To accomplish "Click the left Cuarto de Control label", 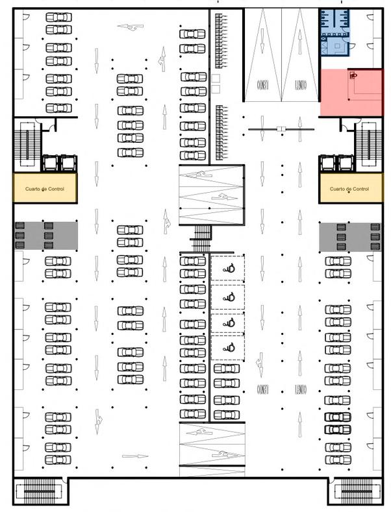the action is click(x=45, y=189).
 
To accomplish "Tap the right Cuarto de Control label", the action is click(x=349, y=189).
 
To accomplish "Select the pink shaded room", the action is click(x=350, y=93).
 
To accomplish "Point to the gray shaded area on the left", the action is click(x=45, y=236).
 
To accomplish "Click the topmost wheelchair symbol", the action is click(x=228, y=267).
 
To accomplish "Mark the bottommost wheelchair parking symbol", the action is click(x=228, y=347).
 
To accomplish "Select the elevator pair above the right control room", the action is click(x=335, y=163).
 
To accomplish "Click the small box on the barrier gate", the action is click(x=281, y=129).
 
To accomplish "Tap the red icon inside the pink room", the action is click(x=353, y=75).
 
